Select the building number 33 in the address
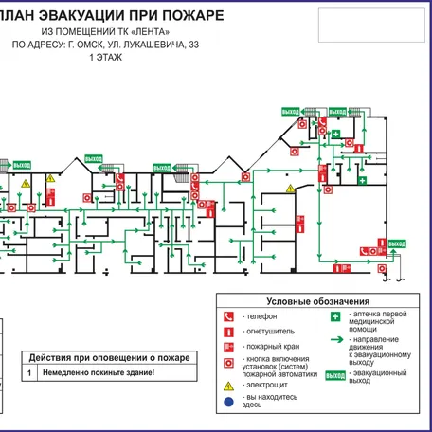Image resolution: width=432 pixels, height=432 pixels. pyautogui.click(x=193, y=45)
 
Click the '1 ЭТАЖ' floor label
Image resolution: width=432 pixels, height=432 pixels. pyautogui.click(x=104, y=58)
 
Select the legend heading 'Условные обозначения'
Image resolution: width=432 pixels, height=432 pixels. pyautogui.click(x=316, y=301)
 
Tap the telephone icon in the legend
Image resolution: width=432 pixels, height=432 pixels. pyautogui.click(x=227, y=316)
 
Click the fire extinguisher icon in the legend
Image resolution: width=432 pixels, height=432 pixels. pyautogui.click(x=227, y=332)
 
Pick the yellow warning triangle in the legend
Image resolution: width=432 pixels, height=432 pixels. pyautogui.click(x=227, y=387)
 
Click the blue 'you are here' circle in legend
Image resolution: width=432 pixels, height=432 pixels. pyautogui.click(x=227, y=403)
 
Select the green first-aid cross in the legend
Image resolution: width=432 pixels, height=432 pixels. pyautogui.click(x=335, y=317)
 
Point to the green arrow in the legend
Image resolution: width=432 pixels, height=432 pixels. pyautogui.click(x=335, y=340)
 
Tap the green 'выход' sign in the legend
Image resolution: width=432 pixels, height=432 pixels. pyautogui.click(x=335, y=376)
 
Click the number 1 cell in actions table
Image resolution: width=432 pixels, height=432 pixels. pyautogui.click(x=28, y=373)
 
